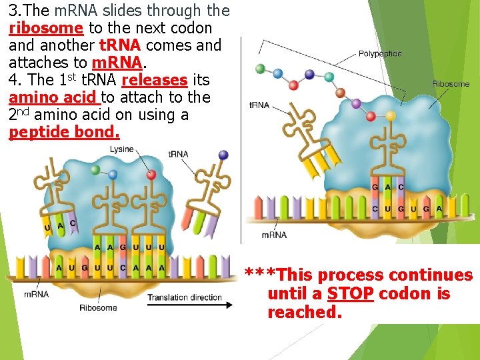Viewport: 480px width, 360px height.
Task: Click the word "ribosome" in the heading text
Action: point(46,29)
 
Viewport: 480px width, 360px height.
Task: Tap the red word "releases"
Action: point(154,81)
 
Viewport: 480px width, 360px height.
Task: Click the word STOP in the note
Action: point(350,294)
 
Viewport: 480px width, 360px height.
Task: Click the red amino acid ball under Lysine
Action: point(151,175)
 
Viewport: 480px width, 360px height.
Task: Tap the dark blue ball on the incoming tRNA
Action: point(223,155)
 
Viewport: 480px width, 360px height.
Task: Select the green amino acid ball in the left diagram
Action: point(95,170)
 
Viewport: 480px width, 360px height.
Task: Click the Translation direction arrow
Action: point(190,305)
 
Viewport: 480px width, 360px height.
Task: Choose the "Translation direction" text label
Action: point(185,297)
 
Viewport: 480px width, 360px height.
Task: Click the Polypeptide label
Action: point(381,53)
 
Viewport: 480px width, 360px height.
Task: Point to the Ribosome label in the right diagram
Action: point(451,84)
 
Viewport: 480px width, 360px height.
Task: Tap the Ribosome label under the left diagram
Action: point(98,307)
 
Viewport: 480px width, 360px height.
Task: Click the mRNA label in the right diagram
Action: point(274,235)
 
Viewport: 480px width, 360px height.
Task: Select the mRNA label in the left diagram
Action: point(36,294)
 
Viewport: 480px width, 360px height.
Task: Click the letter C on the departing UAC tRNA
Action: point(73,223)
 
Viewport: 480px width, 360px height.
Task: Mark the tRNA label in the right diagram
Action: point(259,105)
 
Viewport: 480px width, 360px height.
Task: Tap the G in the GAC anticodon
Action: point(375,187)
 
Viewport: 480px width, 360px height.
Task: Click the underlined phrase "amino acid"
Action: point(53,97)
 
